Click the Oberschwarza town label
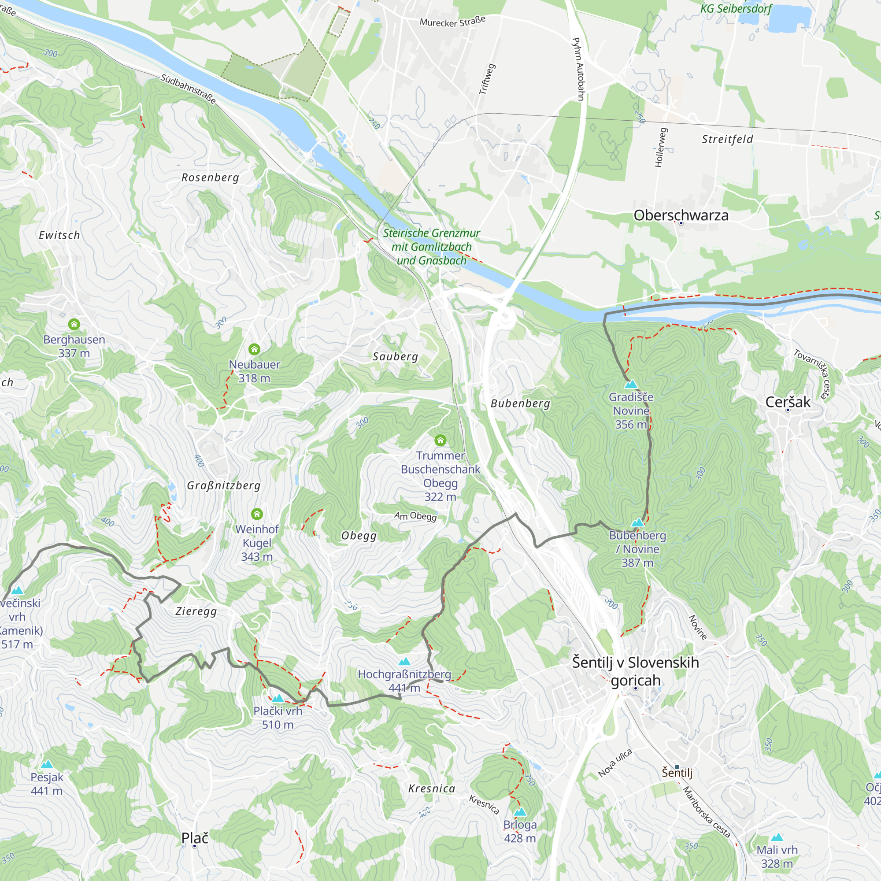[x=681, y=215]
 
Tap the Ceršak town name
[x=788, y=402]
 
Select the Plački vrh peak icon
[x=278, y=698]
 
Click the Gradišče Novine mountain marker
[x=631, y=384]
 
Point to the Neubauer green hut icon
[x=255, y=349]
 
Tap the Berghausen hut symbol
[x=74, y=324]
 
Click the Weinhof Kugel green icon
[x=257, y=514]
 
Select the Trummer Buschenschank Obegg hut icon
[x=440, y=440]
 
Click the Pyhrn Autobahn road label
[x=578, y=69]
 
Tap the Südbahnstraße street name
[x=189, y=89]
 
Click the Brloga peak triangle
[x=520, y=812]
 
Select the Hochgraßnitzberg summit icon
[x=404, y=662]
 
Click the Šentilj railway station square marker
[x=677, y=767]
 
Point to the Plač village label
[x=195, y=838]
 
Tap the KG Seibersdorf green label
[x=736, y=9]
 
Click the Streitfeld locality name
[x=727, y=139]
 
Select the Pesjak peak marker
[x=47, y=765]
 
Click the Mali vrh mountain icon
[x=777, y=837]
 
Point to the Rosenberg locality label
[x=210, y=178]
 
